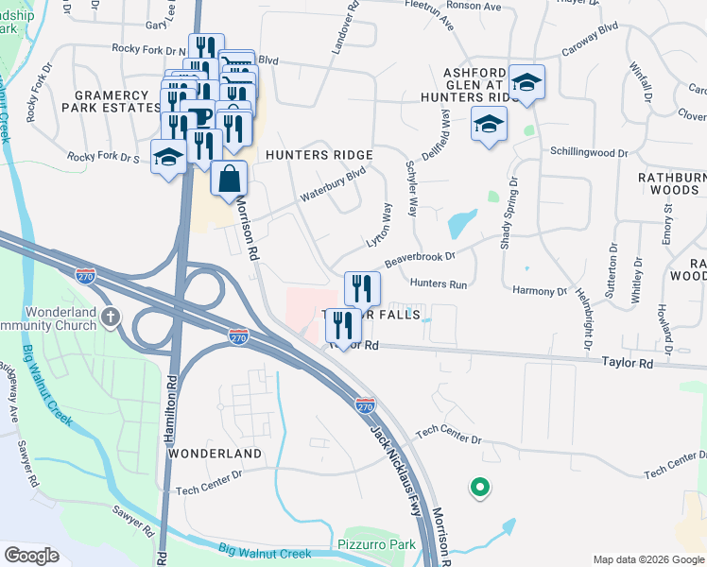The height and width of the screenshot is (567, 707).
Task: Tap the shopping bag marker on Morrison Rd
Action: click(x=229, y=179)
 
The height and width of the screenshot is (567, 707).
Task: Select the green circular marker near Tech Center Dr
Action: click(x=480, y=488)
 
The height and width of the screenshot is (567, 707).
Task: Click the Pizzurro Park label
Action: click(x=377, y=545)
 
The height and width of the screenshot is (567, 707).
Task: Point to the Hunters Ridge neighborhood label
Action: click(x=319, y=155)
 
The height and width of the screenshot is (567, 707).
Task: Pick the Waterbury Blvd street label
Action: click(x=333, y=184)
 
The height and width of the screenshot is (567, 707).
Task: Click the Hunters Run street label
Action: click(x=439, y=283)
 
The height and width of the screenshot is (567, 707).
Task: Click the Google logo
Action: click(x=32, y=555)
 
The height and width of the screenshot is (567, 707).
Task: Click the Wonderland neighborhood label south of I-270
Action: click(x=215, y=454)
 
